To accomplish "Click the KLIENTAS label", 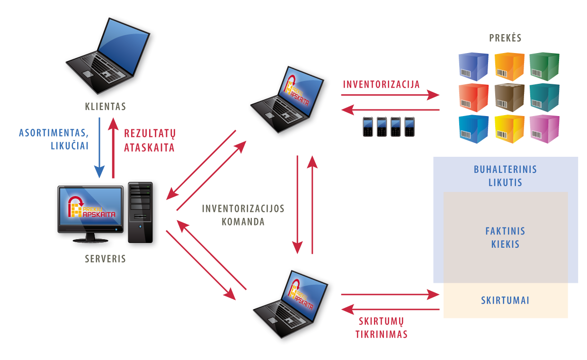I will coord(106,107).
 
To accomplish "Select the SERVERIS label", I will coord(106,259).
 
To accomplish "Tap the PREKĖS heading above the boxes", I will coord(506,38).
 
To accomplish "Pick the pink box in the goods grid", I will coord(544,128).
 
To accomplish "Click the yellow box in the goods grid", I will coord(509,128).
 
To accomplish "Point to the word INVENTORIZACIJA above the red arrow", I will coord(382,85).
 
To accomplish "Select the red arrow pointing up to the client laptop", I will coord(113,147).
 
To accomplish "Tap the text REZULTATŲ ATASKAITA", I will coord(149,140).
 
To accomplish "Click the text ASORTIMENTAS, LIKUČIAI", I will coord(54,139).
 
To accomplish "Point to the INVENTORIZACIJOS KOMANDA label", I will coord(243,215).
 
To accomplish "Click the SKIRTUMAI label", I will coord(505,301).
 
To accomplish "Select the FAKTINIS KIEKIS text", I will coord(505,238).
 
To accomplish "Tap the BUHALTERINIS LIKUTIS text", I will coord(505,176).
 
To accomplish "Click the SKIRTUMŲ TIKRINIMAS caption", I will coord(381,328).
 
